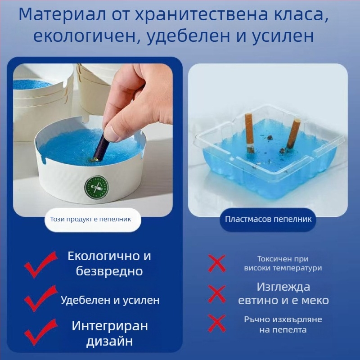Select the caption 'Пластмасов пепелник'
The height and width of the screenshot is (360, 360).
click(x=268, y=220)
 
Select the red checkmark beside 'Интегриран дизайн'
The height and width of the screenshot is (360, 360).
click(x=40, y=332)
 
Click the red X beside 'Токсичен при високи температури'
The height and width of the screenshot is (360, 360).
click(x=216, y=263)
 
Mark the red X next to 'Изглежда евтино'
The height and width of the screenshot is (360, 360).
click(x=216, y=294)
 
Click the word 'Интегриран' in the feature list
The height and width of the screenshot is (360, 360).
click(x=110, y=326)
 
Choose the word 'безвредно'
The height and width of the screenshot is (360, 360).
click(x=109, y=271)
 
